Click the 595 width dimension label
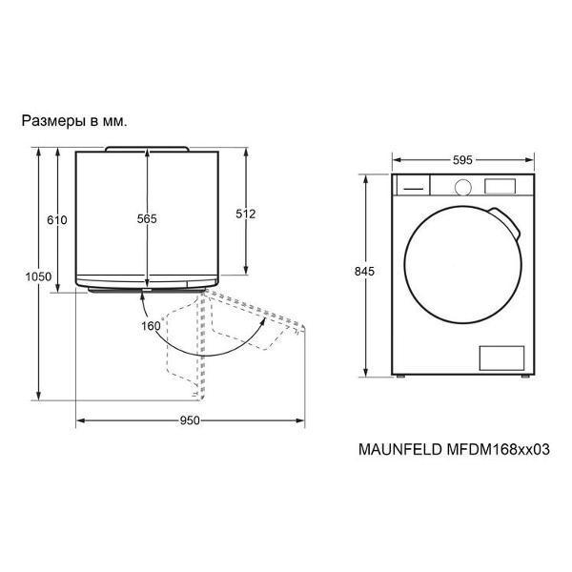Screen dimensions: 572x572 click(x=462, y=160)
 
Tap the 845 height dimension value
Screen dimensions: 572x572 click(x=364, y=271)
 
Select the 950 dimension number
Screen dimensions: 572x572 click(x=190, y=420)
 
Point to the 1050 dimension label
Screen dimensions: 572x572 click(x=38, y=276)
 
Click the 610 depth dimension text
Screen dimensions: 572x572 click(x=57, y=220)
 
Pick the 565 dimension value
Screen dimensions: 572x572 click(x=147, y=218)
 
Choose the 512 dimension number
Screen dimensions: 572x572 click(x=246, y=214)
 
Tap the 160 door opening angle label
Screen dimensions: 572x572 click(x=151, y=326)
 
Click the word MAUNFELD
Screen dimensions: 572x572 click(x=400, y=449)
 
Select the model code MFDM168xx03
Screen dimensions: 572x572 click(x=498, y=449)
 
